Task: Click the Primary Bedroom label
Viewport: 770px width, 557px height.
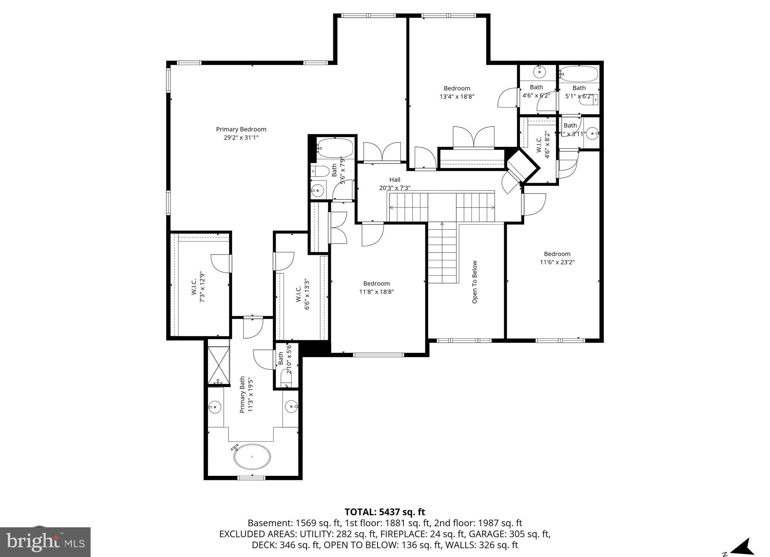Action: click(241, 129)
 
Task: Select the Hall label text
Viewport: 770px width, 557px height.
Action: click(395, 180)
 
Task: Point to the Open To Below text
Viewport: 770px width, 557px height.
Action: click(474, 282)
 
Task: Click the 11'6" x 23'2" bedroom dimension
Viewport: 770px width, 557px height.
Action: click(557, 262)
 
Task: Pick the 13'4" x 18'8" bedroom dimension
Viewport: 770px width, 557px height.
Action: click(457, 97)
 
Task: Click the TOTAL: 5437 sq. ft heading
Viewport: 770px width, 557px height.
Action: click(385, 512)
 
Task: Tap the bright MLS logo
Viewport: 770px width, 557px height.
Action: click(45, 542)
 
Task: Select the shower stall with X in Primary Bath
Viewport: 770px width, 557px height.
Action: click(218, 365)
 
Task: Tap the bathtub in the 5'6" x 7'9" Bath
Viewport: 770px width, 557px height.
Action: click(335, 148)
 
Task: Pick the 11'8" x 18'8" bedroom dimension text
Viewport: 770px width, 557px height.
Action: click(376, 292)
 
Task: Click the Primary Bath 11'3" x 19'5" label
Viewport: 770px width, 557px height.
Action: click(247, 395)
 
